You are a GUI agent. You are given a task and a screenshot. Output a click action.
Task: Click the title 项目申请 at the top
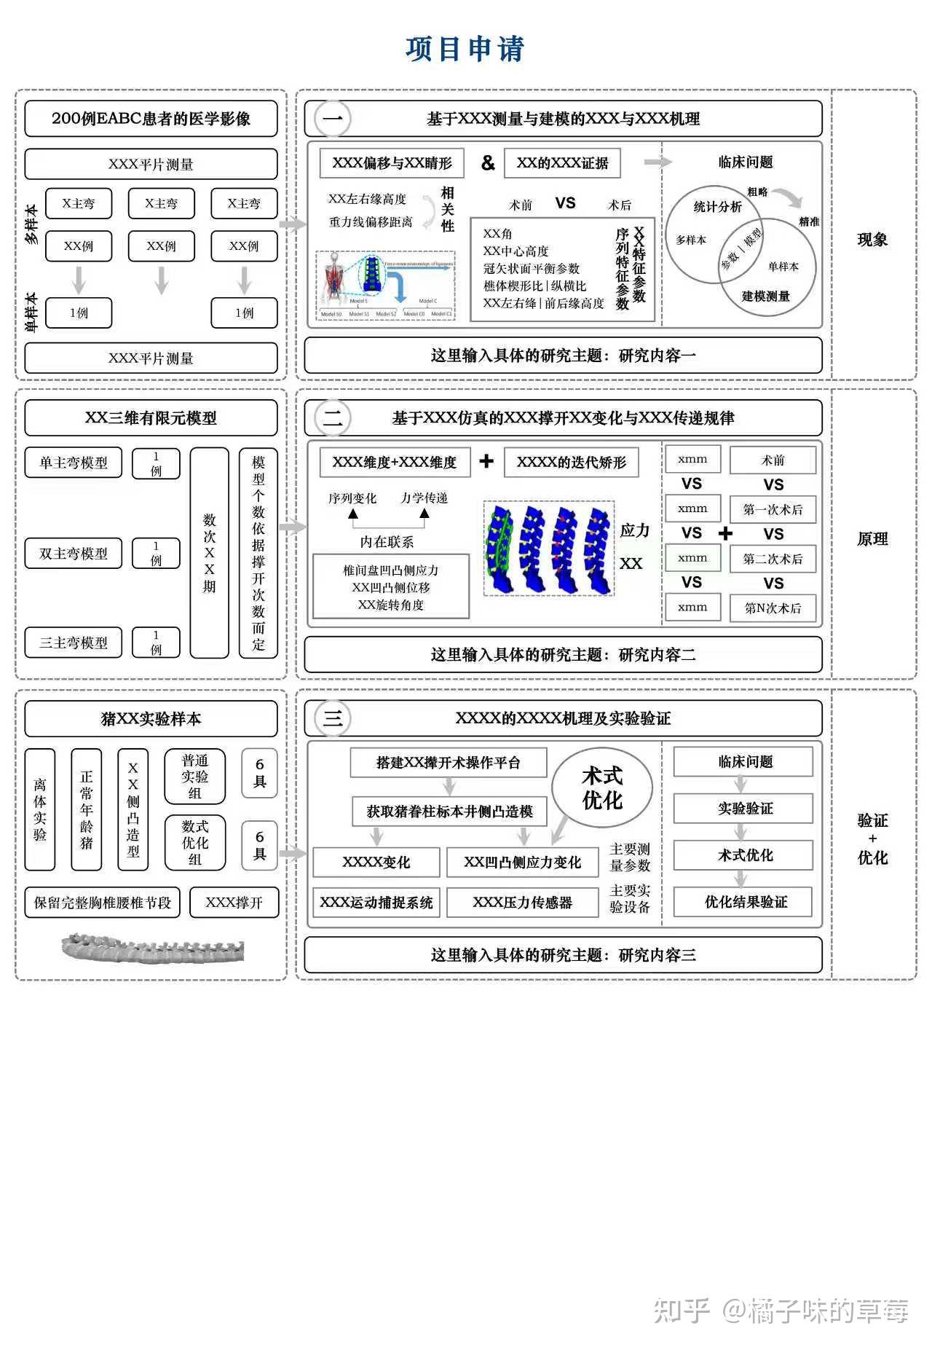click(465, 49)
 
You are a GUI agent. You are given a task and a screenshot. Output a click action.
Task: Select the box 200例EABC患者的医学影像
click(151, 119)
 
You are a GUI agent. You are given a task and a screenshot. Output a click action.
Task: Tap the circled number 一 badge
click(332, 119)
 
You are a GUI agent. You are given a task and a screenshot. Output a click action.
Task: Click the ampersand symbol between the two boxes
click(487, 163)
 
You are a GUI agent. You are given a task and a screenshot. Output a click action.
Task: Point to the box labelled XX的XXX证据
click(562, 163)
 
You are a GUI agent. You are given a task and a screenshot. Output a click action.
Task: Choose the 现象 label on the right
click(872, 240)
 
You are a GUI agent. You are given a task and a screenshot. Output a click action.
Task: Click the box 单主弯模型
click(74, 463)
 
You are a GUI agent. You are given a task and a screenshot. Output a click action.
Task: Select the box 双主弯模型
click(74, 554)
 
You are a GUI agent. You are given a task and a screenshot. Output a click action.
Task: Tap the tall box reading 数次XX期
click(209, 554)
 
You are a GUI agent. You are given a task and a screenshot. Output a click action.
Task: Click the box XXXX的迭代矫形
click(571, 463)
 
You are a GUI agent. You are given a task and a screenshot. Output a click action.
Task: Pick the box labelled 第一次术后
click(773, 510)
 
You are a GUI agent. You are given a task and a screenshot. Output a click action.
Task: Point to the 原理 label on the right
click(872, 539)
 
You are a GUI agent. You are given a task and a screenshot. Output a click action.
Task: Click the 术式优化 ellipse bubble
click(602, 788)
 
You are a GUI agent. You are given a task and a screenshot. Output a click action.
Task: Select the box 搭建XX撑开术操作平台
click(449, 763)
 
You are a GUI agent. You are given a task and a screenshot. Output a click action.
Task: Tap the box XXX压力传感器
click(522, 903)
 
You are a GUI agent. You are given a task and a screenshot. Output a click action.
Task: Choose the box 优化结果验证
click(743, 902)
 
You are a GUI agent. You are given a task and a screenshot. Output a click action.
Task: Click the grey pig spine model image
click(152, 949)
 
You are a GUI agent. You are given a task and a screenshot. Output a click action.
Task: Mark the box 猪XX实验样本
click(151, 719)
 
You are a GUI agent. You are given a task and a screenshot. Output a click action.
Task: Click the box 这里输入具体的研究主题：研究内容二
click(563, 655)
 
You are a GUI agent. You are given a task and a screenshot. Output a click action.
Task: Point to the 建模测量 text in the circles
click(765, 296)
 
